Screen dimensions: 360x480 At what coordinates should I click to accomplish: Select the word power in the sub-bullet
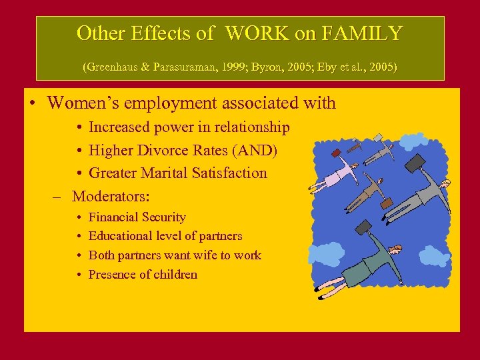(x=175, y=127)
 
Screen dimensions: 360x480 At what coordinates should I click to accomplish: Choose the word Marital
(x=167, y=173)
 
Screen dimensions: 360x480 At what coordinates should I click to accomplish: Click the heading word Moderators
(x=110, y=196)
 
